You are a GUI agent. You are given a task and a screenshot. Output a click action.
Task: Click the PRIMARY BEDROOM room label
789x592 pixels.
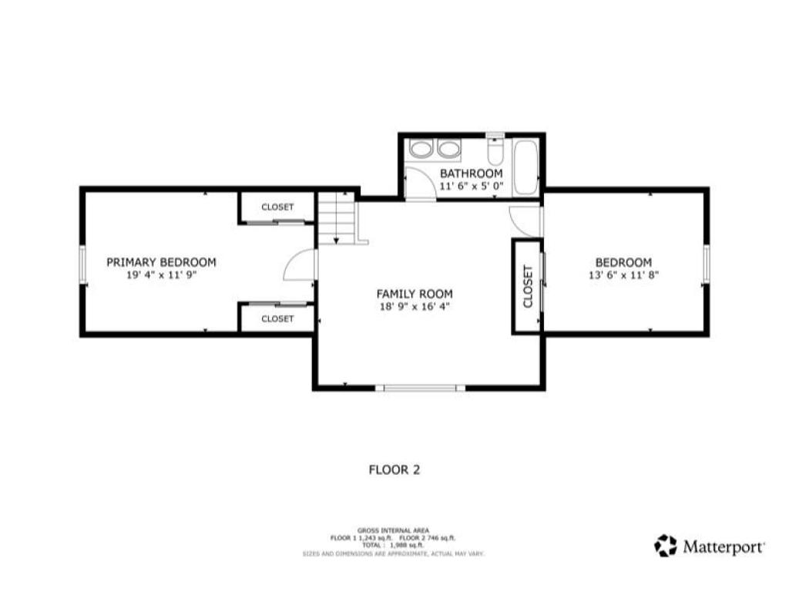pyautogui.click(x=161, y=262)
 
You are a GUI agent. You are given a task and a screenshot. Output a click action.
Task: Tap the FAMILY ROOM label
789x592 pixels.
pyautogui.click(x=415, y=294)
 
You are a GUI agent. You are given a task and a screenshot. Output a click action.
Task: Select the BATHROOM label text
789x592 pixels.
pyautogui.click(x=471, y=173)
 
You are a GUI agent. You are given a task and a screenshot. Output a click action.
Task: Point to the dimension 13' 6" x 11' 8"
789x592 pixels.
pyautogui.click(x=623, y=275)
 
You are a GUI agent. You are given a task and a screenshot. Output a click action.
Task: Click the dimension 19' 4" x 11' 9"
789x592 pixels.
pyautogui.click(x=161, y=275)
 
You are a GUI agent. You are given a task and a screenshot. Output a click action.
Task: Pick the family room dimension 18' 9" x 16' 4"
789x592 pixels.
pyautogui.click(x=415, y=307)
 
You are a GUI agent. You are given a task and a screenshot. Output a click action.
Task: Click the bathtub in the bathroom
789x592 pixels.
pyautogui.click(x=525, y=167)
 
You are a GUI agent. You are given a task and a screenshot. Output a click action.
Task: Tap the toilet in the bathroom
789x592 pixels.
pyautogui.click(x=495, y=150)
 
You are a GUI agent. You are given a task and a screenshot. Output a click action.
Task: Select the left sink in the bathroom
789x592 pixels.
pyautogui.click(x=420, y=149)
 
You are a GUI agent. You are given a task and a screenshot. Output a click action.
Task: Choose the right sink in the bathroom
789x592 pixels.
pyautogui.click(x=448, y=149)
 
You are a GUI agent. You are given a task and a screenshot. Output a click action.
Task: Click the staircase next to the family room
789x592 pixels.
pyautogui.click(x=336, y=219)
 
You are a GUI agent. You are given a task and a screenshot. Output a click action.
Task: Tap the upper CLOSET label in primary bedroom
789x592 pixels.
pyautogui.click(x=277, y=207)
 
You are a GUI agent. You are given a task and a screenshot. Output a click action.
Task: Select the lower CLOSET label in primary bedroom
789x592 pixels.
pyautogui.click(x=277, y=318)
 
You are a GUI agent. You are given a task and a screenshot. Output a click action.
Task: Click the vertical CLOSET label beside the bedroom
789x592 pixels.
pyautogui.click(x=528, y=287)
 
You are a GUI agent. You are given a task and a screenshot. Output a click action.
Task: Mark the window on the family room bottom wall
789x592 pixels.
pyautogui.click(x=420, y=388)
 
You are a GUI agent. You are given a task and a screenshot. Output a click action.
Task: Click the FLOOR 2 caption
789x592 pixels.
pyautogui.click(x=394, y=469)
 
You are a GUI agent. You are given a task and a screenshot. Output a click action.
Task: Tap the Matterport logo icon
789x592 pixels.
pyautogui.click(x=665, y=546)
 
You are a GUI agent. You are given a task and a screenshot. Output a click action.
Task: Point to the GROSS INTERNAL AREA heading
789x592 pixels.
pyautogui.click(x=393, y=530)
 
